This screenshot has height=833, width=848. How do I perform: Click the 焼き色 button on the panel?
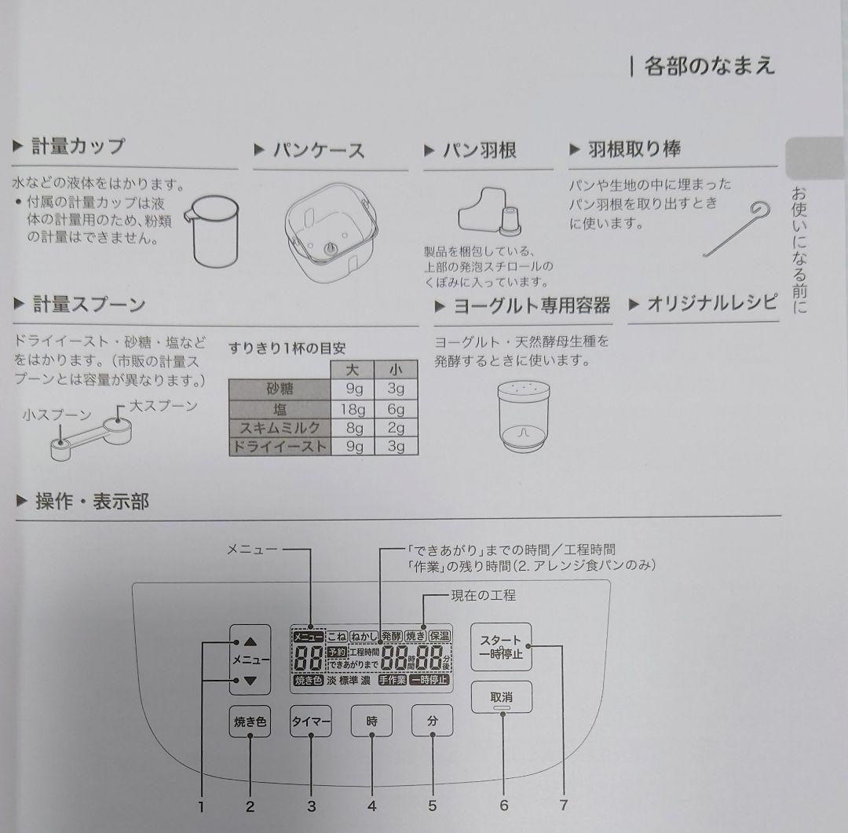250,722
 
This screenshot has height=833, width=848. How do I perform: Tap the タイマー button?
311,722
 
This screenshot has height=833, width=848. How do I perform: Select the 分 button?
432,721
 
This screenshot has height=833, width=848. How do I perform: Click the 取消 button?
502,697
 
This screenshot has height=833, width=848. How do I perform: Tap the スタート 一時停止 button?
502,647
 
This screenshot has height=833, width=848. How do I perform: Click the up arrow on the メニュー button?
250,641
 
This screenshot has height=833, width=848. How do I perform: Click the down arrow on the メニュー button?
250,681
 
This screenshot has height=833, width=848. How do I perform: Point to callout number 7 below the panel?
563,805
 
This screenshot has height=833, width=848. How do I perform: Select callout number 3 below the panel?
311,805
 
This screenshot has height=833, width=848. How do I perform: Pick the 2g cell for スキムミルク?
396,428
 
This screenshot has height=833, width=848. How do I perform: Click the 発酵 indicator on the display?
391,636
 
